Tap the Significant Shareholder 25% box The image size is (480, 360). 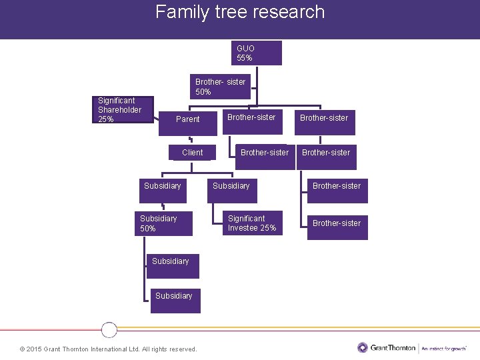click(123, 110)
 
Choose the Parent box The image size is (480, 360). click(188, 119)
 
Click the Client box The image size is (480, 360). click(192, 153)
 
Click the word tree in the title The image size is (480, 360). click(227, 12)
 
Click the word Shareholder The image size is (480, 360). click(120, 110)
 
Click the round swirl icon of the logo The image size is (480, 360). click(363, 347)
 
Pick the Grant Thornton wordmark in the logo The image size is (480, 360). click(392, 347)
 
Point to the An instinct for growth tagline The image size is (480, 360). click(444, 348)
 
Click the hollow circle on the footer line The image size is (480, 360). click(109, 329)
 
